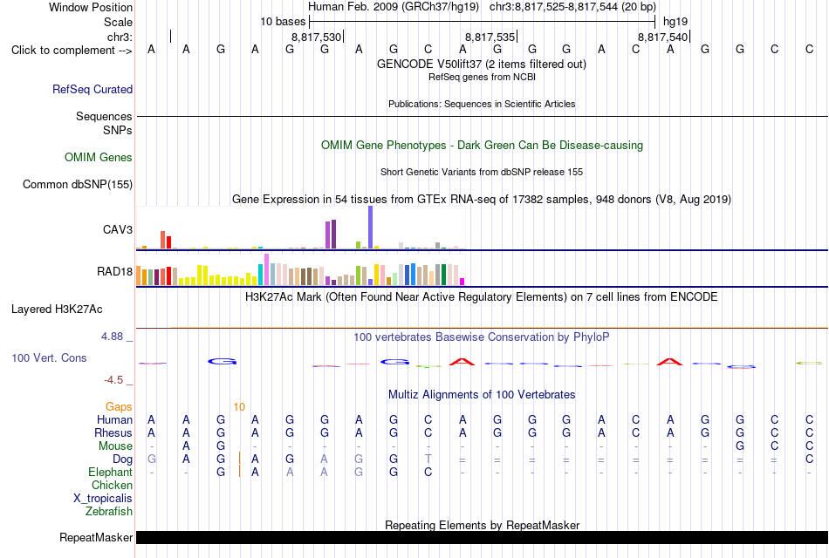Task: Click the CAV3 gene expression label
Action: click(118, 229)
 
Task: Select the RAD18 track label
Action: click(114, 272)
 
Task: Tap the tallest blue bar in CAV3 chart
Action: click(371, 227)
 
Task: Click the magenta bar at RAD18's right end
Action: click(462, 282)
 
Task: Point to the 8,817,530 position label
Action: click(316, 37)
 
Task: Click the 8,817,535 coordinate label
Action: click(490, 37)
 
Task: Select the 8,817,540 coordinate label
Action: click(663, 37)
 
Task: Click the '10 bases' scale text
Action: click(283, 22)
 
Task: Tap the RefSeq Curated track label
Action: click(92, 89)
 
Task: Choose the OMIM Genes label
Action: click(99, 158)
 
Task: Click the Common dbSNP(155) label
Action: click(78, 185)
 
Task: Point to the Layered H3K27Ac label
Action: click(57, 310)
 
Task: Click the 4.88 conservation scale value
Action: click(112, 337)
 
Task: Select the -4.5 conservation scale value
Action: click(113, 380)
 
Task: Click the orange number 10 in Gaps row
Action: click(239, 407)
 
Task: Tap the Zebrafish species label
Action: click(109, 512)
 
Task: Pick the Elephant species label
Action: click(111, 473)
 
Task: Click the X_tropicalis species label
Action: click(103, 499)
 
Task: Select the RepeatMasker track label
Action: click(96, 538)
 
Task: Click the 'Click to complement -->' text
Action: click(72, 51)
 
